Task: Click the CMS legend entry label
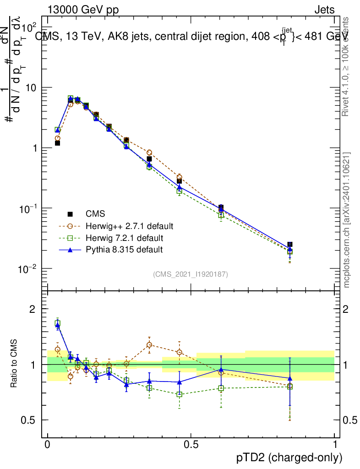click(x=95, y=214)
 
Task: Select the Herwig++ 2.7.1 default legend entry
click(x=129, y=226)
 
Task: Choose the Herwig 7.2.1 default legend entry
click(x=125, y=238)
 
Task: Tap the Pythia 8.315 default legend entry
click(x=124, y=250)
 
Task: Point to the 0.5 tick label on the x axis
click(x=191, y=445)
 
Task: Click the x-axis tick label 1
click(x=335, y=445)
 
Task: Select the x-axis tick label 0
click(x=47, y=445)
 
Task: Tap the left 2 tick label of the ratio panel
click(x=32, y=309)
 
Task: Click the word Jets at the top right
click(x=324, y=10)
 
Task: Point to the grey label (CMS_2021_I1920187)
click(x=191, y=274)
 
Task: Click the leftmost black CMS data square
click(x=58, y=143)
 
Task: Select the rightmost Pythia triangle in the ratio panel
click(x=289, y=378)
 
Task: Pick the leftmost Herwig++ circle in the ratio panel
click(x=58, y=349)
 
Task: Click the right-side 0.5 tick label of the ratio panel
click(x=350, y=420)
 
